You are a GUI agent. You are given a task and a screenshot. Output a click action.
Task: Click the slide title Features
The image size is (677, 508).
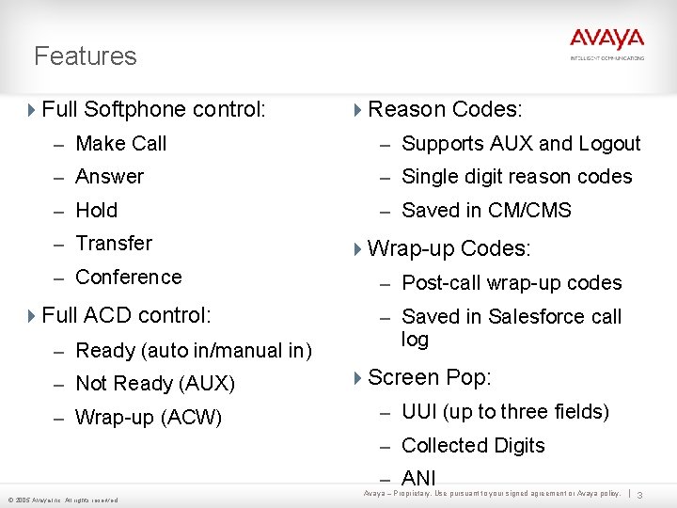tap(86, 56)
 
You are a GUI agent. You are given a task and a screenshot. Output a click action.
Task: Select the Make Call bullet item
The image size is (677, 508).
tap(120, 144)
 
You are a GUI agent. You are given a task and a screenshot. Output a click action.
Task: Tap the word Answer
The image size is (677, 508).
tap(109, 177)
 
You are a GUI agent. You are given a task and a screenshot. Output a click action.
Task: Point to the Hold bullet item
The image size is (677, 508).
tap(96, 211)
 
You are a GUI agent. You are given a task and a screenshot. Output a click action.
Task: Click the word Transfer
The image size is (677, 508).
tap(114, 244)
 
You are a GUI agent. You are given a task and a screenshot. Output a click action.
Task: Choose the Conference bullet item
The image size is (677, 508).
tap(128, 278)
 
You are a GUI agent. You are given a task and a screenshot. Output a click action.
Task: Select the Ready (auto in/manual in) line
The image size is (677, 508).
tap(193, 351)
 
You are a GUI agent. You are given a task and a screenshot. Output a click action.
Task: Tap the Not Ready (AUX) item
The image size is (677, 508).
tap(154, 384)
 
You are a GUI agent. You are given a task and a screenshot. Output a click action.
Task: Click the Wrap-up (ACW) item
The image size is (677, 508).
tap(148, 417)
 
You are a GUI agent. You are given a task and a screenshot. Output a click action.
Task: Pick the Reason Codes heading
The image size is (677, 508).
tap(444, 109)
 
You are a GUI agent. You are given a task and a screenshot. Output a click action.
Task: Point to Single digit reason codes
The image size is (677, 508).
tap(516, 177)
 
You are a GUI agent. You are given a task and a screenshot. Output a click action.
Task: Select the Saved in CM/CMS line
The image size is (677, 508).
tap(486, 211)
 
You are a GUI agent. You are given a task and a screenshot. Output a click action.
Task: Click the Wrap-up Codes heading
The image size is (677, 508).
tap(449, 249)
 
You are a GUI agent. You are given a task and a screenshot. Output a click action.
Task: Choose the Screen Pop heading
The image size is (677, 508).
tap(429, 378)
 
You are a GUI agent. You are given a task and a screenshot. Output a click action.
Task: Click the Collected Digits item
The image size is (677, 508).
tap(473, 446)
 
